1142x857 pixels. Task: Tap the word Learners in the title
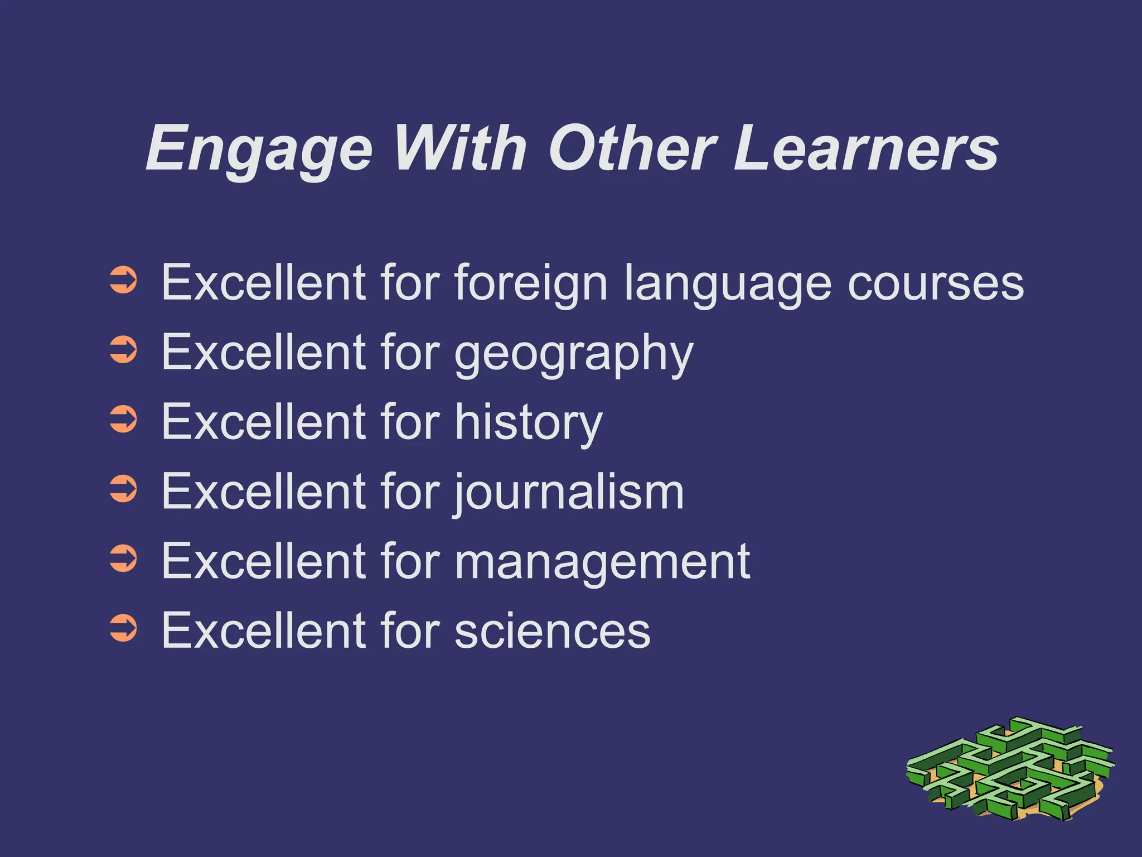tap(866, 148)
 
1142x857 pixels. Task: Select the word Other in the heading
tap(632, 148)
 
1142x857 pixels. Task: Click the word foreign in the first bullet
tap(530, 283)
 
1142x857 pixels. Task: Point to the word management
tap(602, 562)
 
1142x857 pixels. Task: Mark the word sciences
tap(552, 631)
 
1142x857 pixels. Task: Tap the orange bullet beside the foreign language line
tap(123, 281)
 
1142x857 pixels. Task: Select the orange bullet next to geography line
tap(123, 350)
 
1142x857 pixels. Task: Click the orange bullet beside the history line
tap(123, 420)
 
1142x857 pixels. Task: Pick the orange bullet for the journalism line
tap(123, 489)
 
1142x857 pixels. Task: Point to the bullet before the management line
tap(123, 559)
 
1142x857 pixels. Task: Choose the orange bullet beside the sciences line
tap(123, 628)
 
